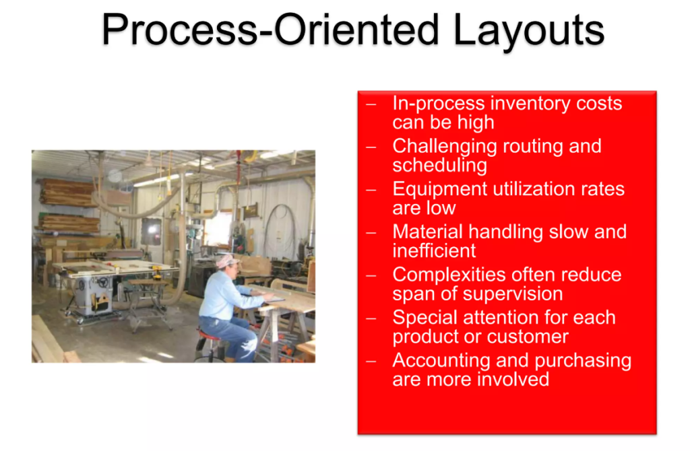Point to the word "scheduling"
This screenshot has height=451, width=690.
[439, 165]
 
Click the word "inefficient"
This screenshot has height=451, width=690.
[434, 251]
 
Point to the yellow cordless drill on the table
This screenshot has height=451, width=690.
[157, 272]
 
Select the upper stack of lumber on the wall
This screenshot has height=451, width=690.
[66, 192]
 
